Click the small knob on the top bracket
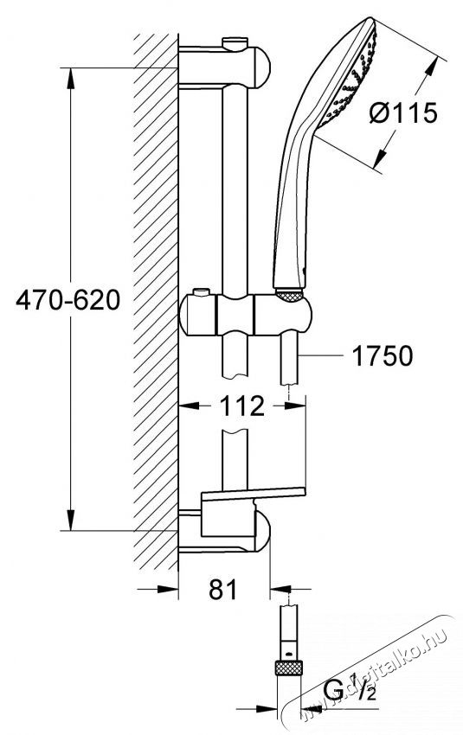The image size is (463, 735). [232, 42]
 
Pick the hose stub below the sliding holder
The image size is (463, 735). [289, 362]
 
